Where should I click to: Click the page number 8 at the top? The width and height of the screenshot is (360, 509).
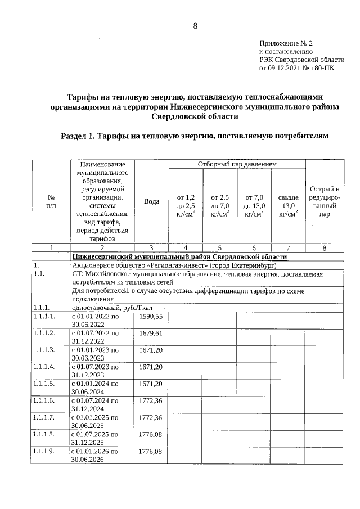click(x=195, y=26)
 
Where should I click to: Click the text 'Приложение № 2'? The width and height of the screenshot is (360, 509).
click(x=285, y=43)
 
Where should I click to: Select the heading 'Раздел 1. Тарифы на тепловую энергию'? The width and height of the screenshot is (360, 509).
click(x=193, y=136)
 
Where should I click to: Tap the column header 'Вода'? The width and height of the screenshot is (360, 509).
click(x=151, y=202)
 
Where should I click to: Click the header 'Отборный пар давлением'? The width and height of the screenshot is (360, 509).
click(x=237, y=164)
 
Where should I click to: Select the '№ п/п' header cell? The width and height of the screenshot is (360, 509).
click(x=51, y=202)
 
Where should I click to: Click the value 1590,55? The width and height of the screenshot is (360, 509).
click(x=151, y=317)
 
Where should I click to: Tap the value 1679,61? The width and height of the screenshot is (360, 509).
click(x=151, y=334)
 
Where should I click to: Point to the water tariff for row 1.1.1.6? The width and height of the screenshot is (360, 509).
click(x=151, y=400)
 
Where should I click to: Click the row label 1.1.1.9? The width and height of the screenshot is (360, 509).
click(x=44, y=451)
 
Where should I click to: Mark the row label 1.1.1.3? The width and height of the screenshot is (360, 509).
click(x=44, y=350)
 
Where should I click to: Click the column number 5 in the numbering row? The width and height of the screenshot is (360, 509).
click(x=220, y=247)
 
